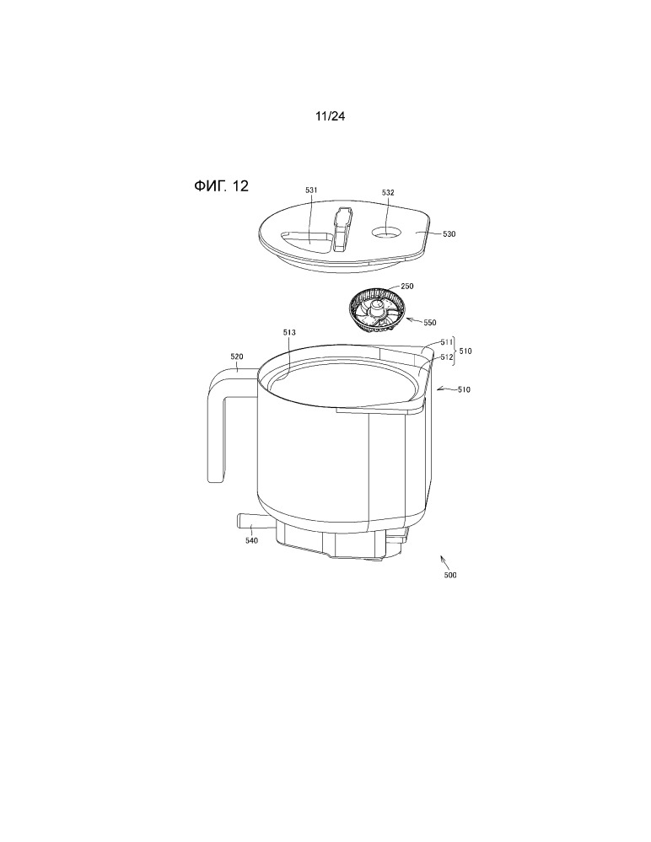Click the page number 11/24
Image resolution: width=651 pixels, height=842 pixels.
(x=330, y=116)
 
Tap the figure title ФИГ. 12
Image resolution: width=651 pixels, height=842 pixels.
(x=221, y=186)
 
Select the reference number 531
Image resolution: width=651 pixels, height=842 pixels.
(x=311, y=190)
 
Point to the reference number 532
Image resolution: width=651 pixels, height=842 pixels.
(x=388, y=192)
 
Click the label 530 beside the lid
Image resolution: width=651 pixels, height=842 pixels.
(x=449, y=234)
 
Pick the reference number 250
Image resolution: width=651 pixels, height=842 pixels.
(x=407, y=287)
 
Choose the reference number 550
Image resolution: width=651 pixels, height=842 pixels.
(x=430, y=323)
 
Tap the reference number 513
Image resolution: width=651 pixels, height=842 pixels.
(x=289, y=333)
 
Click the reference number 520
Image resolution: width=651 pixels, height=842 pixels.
(x=236, y=357)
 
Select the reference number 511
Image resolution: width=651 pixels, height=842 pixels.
(x=446, y=342)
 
